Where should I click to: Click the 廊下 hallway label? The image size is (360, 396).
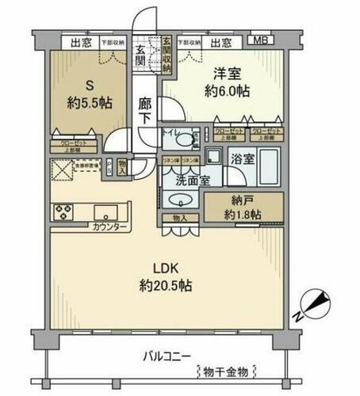[144, 112]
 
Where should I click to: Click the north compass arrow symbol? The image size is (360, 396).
[315, 303]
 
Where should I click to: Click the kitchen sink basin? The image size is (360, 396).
[103, 211]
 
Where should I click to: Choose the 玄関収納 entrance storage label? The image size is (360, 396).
[167, 55]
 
